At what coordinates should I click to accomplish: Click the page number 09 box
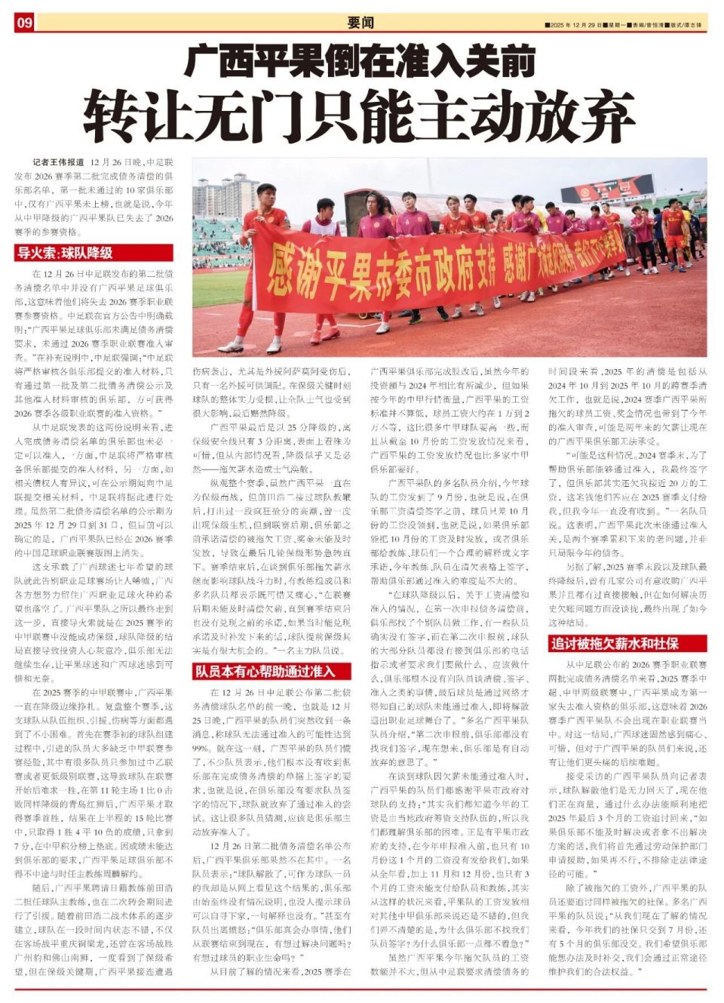pyautogui.click(x=24, y=23)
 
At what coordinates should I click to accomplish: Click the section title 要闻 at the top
pyautogui.click(x=360, y=23)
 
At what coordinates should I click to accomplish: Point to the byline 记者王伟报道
pyautogui.click(x=58, y=162)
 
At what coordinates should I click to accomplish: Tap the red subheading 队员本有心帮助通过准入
pyautogui.click(x=263, y=671)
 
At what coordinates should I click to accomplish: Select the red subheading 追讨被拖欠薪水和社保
pyautogui.click(x=614, y=643)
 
